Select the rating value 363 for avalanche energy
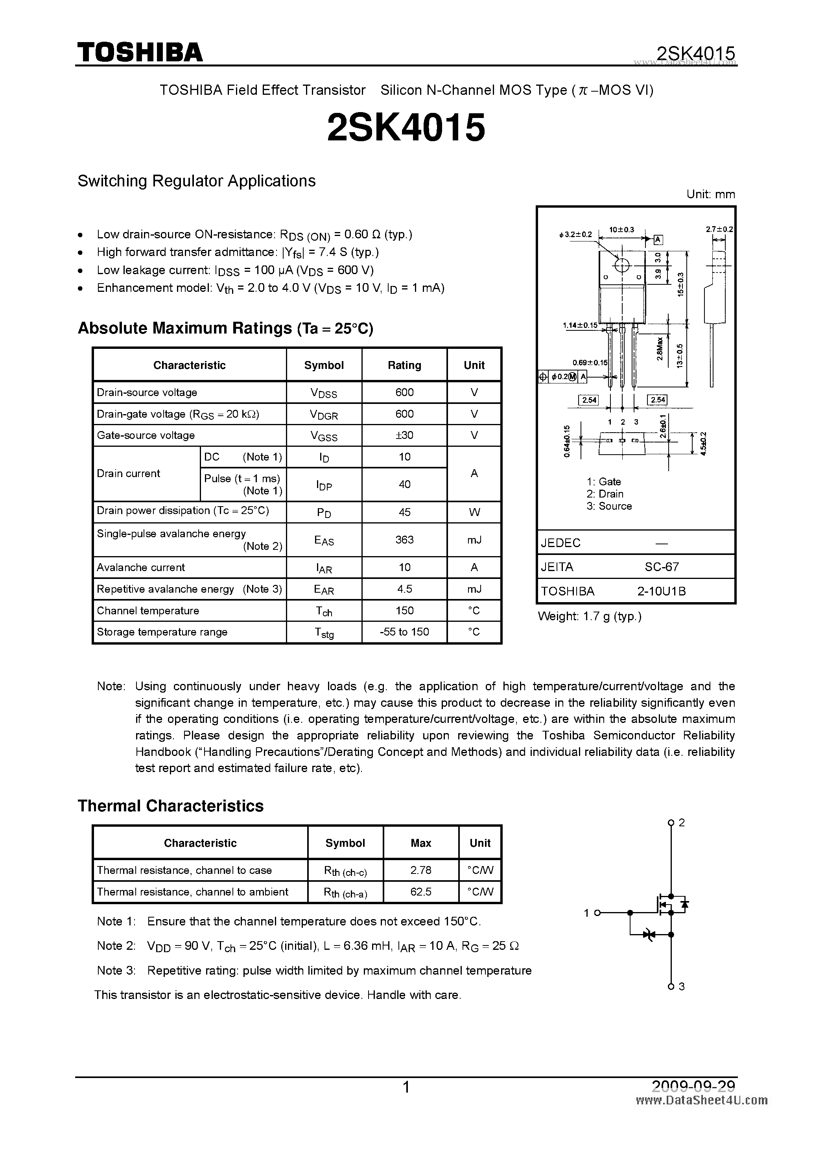pos(404,540)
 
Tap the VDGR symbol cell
pos(324,415)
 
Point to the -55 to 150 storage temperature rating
pos(404,632)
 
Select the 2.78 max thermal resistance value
pos(420,870)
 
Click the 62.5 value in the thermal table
pos(420,892)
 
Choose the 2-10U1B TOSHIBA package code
pos(661,591)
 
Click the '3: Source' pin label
pos(609,506)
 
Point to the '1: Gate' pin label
pos(604,481)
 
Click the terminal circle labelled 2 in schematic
pos(671,822)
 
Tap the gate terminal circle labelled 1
pos(597,912)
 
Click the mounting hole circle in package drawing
pos(621,265)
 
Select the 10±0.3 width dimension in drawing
pos(621,230)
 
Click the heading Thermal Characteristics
pos(170,806)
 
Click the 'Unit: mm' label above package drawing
pos(710,194)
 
